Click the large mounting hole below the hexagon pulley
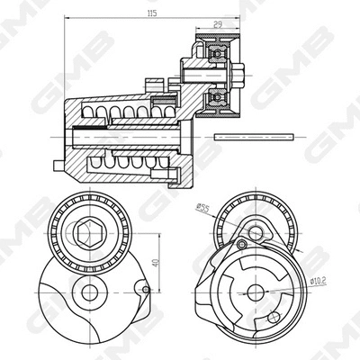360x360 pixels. (x=88, y=292)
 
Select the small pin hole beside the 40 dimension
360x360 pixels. (x=143, y=289)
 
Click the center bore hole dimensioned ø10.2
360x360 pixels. (x=256, y=291)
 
